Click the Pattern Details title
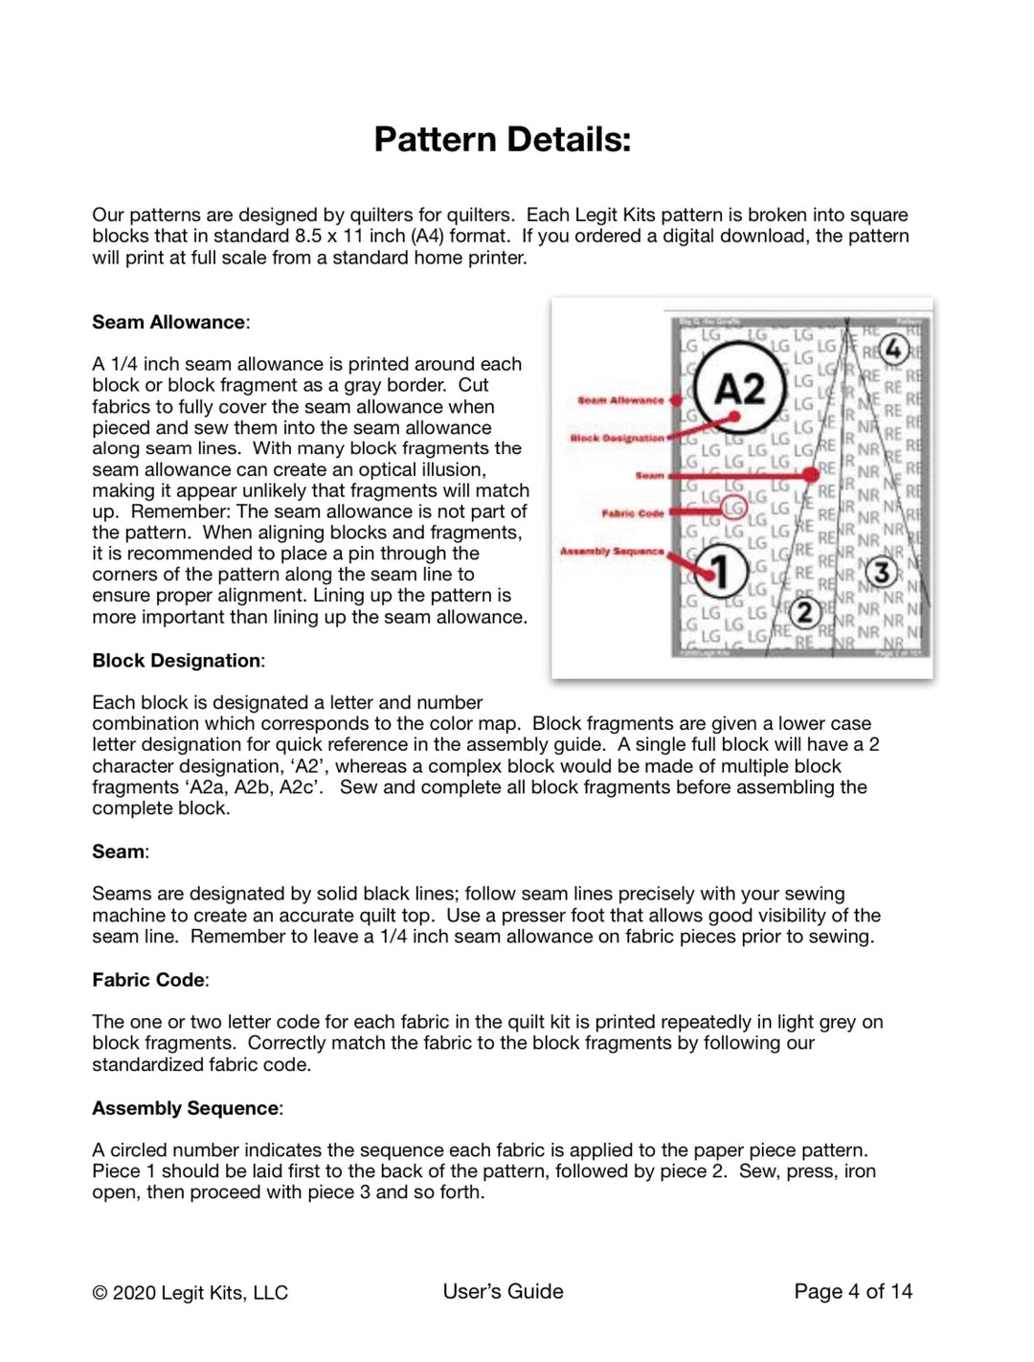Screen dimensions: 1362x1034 503,140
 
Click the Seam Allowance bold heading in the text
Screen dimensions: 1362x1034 169,322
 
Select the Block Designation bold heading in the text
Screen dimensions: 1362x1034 176,660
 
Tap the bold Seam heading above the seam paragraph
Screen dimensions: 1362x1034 119,851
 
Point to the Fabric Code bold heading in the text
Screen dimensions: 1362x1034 148,980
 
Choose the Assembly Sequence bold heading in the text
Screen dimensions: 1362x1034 186,1108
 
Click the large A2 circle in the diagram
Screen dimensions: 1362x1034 739,389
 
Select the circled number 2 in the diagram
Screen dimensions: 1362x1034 805,612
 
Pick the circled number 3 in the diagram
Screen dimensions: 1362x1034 881,573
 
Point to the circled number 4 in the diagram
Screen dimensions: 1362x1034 892,350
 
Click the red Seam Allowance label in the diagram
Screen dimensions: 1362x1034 620,400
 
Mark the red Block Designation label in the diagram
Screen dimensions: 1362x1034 617,438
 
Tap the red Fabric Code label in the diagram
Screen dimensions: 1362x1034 632,513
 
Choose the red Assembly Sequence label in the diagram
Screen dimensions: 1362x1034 612,551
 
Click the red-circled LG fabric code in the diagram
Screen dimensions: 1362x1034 733,508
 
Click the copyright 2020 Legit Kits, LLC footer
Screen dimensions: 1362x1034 190,1293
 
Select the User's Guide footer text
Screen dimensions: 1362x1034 503,1292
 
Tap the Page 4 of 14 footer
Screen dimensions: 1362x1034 853,1292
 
